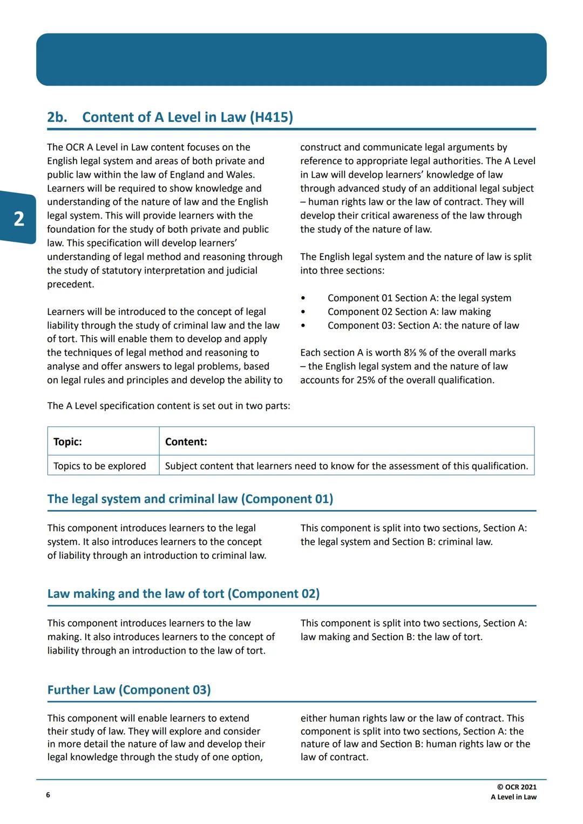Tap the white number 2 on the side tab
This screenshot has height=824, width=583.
pyautogui.click(x=19, y=219)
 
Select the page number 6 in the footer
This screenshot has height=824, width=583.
pyautogui.click(x=48, y=795)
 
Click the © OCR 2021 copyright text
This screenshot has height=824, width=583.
pyautogui.click(x=517, y=787)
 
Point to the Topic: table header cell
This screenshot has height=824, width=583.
pyautogui.click(x=68, y=441)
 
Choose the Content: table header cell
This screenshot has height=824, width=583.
pyautogui.click(x=186, y=441)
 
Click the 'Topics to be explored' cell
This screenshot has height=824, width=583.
pyautogui.click(x=100, y=466)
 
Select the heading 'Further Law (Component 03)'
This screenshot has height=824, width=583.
pyautogui.click(x=129, y=690)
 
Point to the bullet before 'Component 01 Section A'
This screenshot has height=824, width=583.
pyautogui.click(x=303, y=298)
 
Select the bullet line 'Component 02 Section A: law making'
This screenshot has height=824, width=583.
pyautogui.click(x=409, y=311)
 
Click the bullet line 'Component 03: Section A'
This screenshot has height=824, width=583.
pyautogui.click(x=423, y=325)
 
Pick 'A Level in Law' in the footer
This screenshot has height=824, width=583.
pyautogui.click(x=513, y=797)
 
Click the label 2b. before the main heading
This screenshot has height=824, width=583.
pyautogui.click(x=57, y=117)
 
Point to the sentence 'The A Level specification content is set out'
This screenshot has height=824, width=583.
pyautogui.click(x=168, y=406)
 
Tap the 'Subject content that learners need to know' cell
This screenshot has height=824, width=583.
pyautogui.click(x=346, y=466)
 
